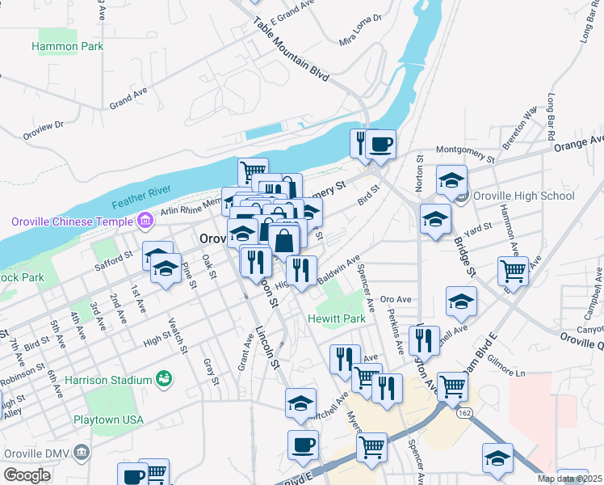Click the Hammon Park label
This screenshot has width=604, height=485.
[68, 46]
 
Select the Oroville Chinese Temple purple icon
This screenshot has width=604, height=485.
[145, 220]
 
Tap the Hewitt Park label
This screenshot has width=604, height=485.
[337, 318]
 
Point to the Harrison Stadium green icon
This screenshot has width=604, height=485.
[164, 378]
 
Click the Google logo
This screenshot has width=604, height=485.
[27, 475]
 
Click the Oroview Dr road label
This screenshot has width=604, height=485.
[43, 129]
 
